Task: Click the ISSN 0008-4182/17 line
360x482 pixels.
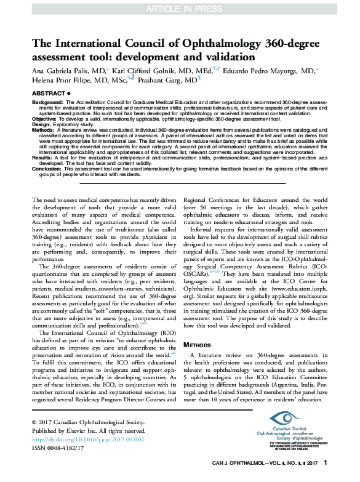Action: click(60, 448)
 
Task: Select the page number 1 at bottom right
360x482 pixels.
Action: click(326, 462)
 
